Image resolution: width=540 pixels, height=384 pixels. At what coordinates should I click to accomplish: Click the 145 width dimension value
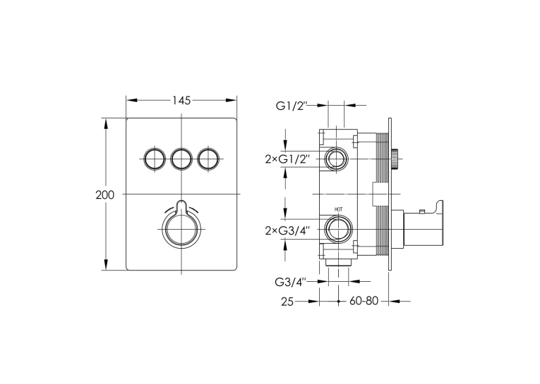tap(181, 100)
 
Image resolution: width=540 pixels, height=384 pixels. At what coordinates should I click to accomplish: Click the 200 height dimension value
tap(104, 195)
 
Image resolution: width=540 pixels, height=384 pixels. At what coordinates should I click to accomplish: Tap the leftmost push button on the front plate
tap(153, 159)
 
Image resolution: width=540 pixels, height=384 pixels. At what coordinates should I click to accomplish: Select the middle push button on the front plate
tap(181, 159)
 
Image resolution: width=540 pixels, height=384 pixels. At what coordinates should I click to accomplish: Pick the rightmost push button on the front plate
tap(209, 159)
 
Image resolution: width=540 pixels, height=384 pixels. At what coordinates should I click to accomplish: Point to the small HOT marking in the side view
tap(339, 209)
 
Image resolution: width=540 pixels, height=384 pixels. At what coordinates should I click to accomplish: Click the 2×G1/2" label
tap(288, 159)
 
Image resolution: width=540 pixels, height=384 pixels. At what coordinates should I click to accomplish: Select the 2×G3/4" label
tap(288, 231)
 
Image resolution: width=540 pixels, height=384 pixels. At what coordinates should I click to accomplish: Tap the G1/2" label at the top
tap(292, 106)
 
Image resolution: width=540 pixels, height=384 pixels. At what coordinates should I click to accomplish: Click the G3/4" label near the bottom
tap(291, 283)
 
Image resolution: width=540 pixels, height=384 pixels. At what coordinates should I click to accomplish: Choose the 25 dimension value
tap(287, 302)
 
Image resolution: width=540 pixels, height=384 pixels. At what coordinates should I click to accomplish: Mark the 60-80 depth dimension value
tap(364, 301)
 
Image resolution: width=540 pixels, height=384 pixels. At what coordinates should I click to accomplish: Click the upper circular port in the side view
tap(336, 159)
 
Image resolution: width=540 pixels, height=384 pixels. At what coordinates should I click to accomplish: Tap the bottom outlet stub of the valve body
tap(338, 263)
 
